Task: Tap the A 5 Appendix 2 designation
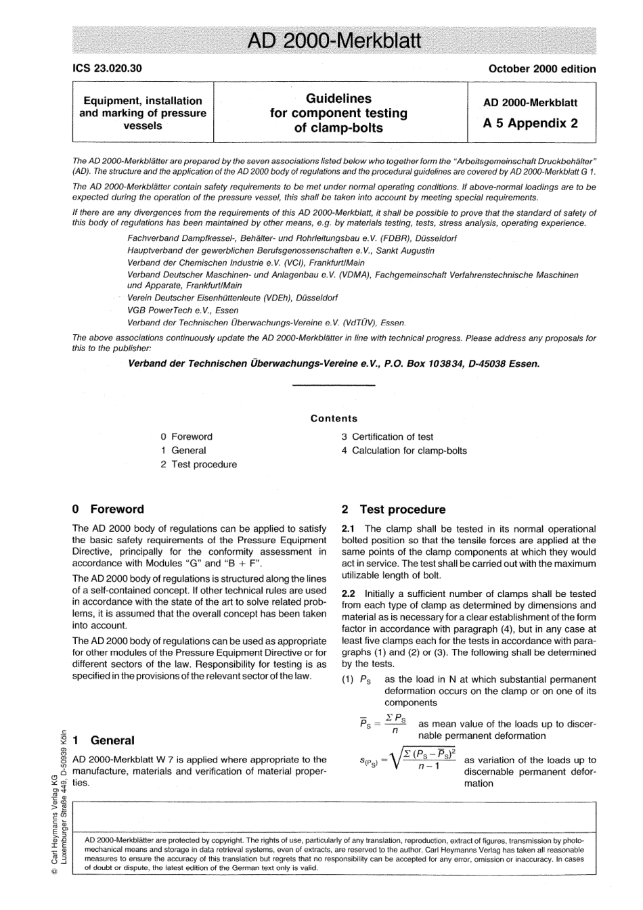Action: tap(530, 123)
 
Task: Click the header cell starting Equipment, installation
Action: tap(143, 113)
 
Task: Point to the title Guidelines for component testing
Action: tap(338, 113)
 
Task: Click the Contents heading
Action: tap(334, 418)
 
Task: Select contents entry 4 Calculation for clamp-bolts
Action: tap(404, 451)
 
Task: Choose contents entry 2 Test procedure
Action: tap(199, 464)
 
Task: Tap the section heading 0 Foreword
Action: tap(108, 509)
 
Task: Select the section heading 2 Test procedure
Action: tap(393, 509)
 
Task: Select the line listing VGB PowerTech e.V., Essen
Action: tap(183, 311)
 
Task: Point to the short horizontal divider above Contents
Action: tap(333, 386)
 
